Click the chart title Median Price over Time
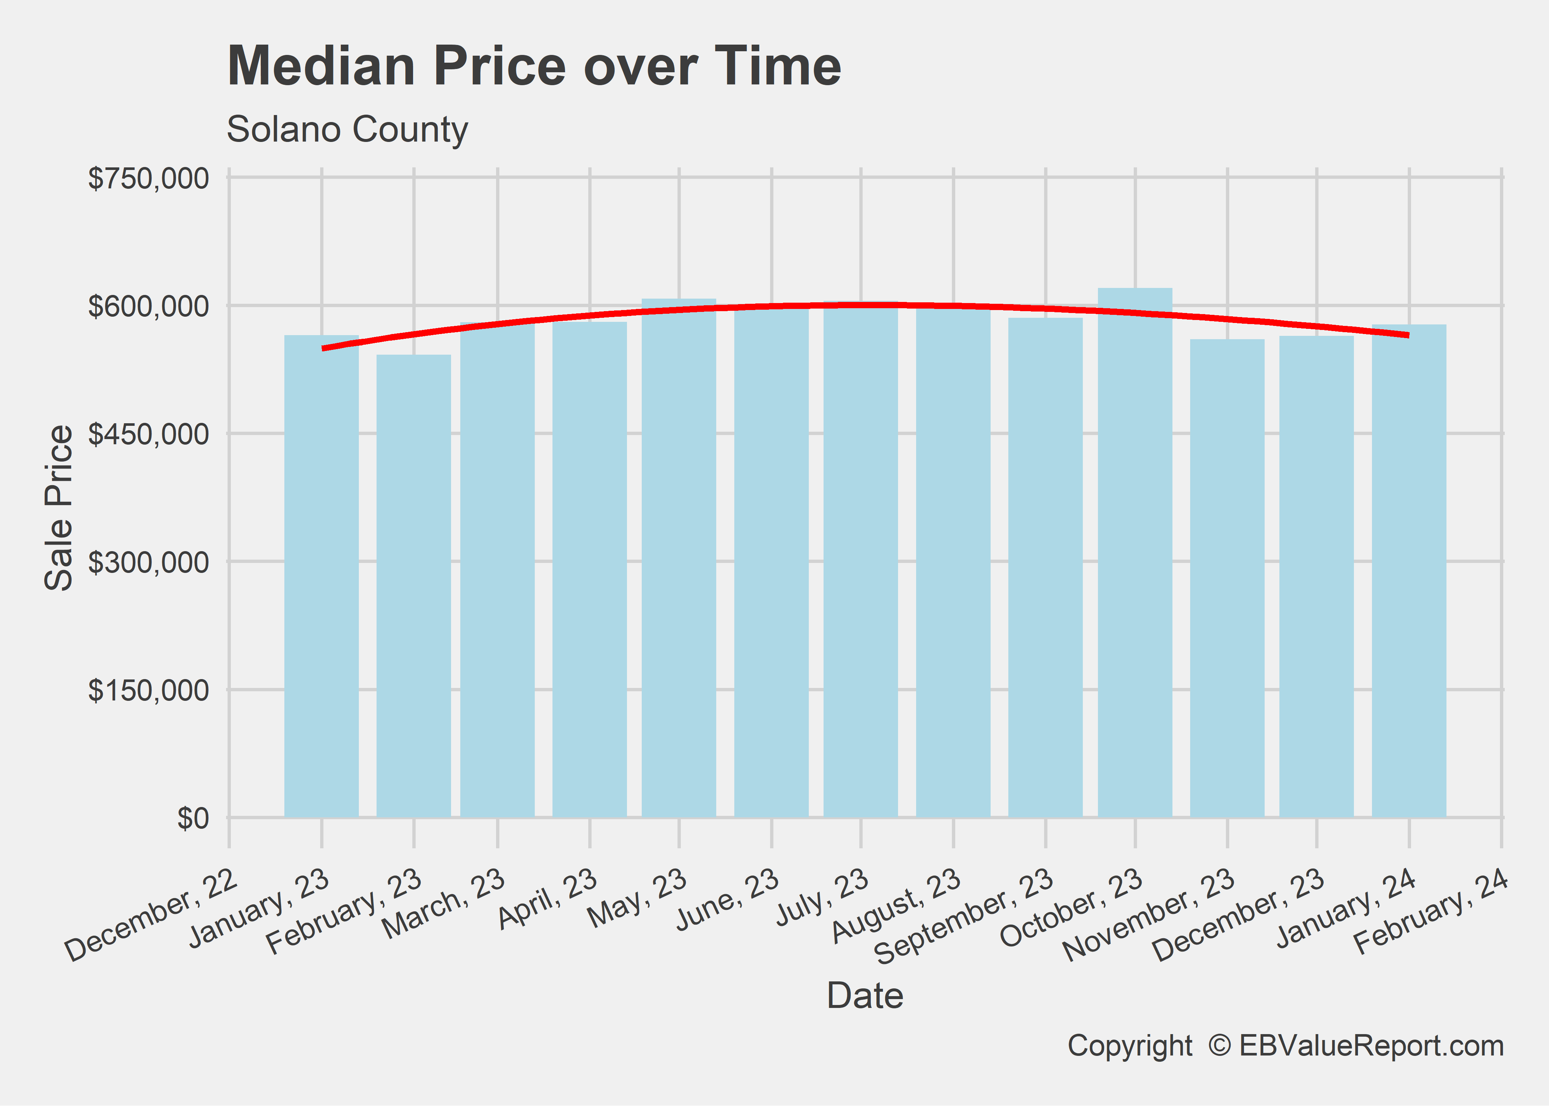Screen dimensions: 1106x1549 coord(534,67)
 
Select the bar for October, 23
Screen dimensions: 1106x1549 coord(1135,552)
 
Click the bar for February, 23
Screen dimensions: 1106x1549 coord(413,586)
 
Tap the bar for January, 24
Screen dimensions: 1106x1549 coord(1409,572)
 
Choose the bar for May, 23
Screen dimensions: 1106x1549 coord(679,559)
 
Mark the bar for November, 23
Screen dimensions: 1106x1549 coord(1227,579)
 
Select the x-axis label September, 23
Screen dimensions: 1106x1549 coord(964,916)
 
